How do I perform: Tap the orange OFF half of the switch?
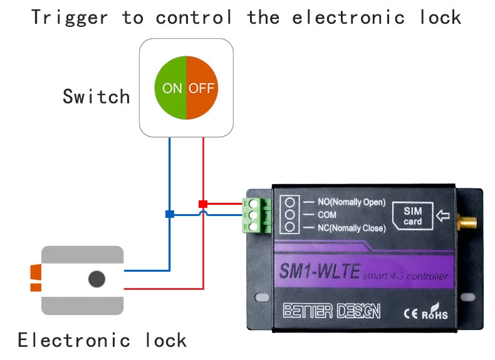202,88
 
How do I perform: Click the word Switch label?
96,97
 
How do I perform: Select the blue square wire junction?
169,214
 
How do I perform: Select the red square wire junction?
202,203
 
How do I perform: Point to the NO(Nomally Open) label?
351,202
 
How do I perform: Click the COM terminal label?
326,215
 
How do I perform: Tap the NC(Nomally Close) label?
351,228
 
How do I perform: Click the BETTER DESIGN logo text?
331,311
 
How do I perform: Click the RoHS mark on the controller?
434,312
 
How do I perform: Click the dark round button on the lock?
96,279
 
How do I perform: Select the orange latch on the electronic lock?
36,279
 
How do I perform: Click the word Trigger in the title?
69,17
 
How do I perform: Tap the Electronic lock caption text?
102,340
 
